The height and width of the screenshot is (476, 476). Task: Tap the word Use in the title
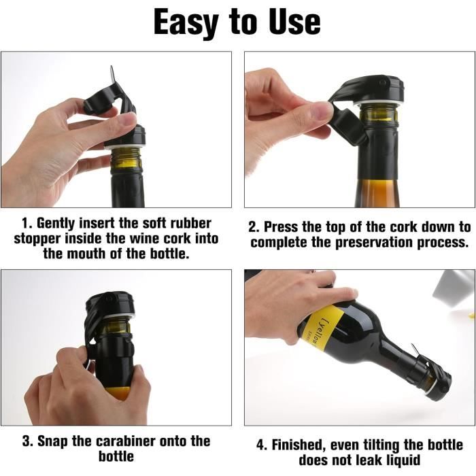pos(294,21)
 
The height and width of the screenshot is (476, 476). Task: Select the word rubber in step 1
pos(190,223)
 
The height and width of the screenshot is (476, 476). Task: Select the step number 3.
pos(26,441)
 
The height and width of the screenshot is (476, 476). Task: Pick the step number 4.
pos(260,445)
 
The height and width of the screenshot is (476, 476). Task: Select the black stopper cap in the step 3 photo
pos(110,305)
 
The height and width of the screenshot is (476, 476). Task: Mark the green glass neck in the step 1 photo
pos(126,160)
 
